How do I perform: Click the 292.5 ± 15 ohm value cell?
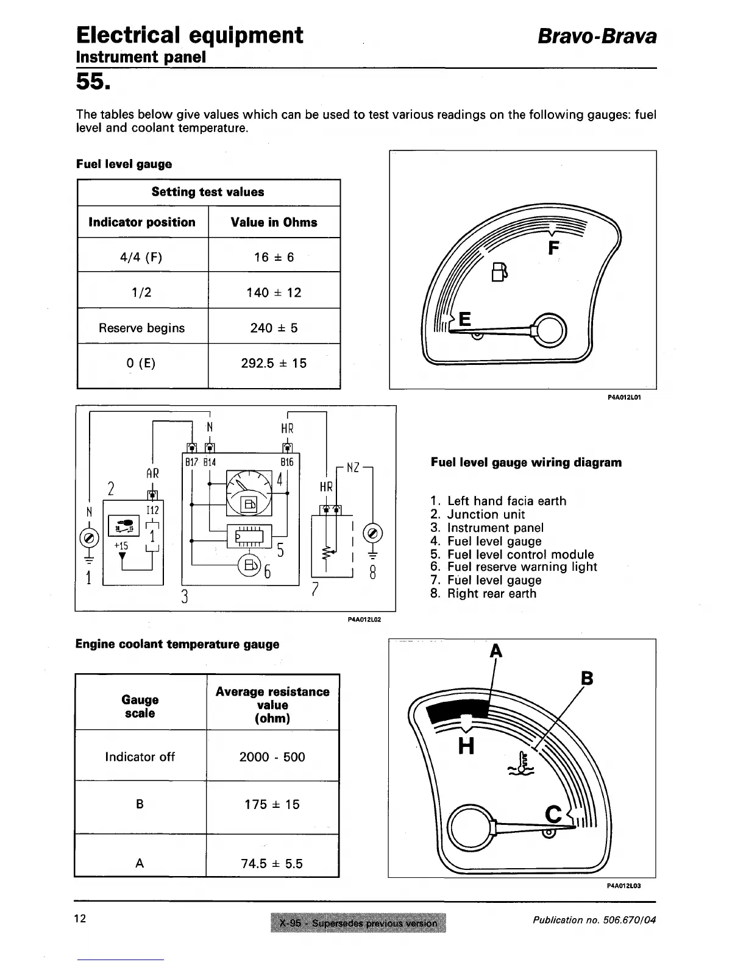coord(274,364)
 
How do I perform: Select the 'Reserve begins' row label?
coord(141,328)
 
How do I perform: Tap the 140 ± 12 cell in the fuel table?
coord(274,292)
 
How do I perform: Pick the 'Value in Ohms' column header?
coord(274,222)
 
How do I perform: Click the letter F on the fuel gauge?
coord(553,249)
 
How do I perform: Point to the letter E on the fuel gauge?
coord(464,319)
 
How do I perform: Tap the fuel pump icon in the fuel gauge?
coord(499,272)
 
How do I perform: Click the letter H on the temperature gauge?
coord(466,745)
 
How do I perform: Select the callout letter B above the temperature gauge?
coord(587,679)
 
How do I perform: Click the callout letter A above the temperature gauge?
coord(496,651)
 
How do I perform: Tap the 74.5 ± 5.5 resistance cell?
coord(272,863)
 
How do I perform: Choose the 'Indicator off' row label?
coord(140,757)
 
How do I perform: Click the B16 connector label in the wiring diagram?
coord(287,462)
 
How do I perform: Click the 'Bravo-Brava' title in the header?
coord(597,37)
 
